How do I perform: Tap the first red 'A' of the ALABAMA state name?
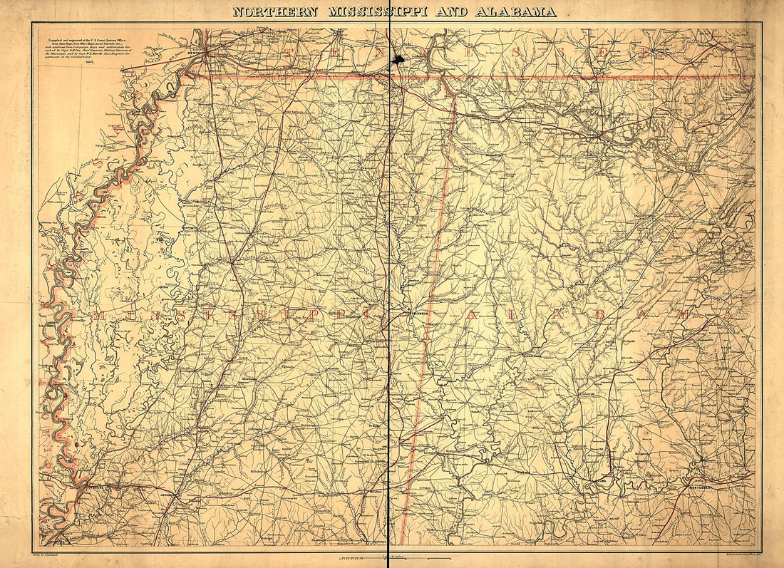coord(472,314)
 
